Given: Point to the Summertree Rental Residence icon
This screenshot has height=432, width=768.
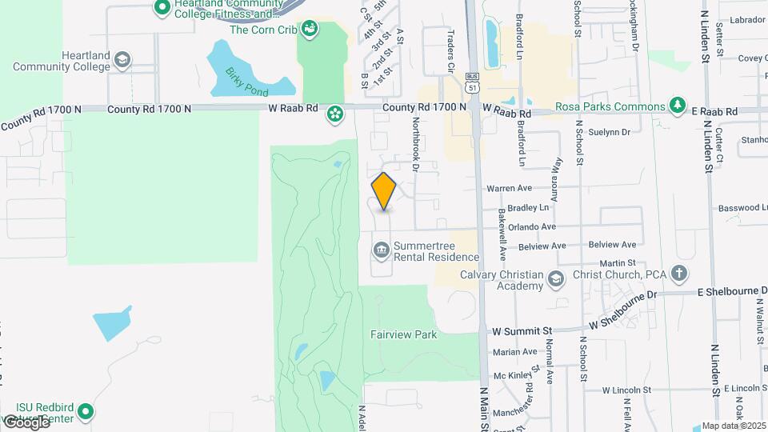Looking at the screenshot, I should [381, 252].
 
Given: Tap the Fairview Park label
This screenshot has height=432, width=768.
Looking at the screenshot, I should [404, 334].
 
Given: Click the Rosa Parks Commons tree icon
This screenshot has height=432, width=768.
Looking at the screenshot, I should [678, 106].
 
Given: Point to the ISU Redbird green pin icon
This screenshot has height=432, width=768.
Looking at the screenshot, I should [86, 413].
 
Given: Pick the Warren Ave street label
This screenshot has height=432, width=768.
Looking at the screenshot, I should [510, 189].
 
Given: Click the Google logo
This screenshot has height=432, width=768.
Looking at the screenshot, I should [26, 422].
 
